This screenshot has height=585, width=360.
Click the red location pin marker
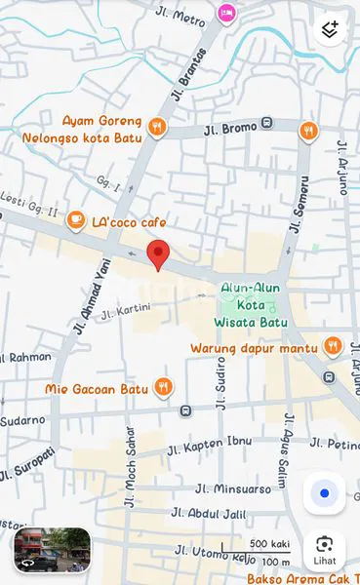pos(157,255)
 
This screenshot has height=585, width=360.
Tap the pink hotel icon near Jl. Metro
pos(227,13)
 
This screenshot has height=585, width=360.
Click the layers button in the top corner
pos(330,30)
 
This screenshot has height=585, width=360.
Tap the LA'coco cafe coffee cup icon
pos(75,222)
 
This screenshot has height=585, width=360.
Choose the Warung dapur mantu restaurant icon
pos(333,346)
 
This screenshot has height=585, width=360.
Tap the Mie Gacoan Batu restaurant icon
pos(163,388)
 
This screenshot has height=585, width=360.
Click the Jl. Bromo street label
pos(229,129)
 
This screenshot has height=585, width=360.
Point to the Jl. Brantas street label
pos(191,67)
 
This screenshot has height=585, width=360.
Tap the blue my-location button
pos(324,493)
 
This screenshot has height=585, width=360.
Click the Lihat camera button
pos(324,550)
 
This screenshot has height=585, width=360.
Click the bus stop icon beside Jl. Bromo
pos(266,125)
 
